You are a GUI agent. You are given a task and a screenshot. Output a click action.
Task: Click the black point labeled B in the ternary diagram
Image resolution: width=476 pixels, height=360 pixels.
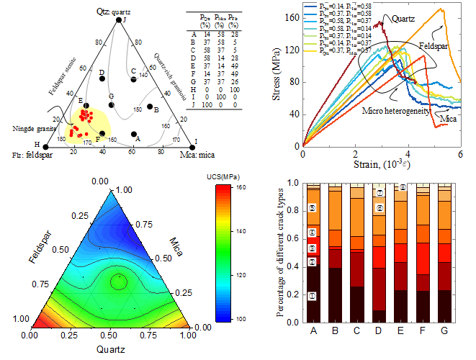point(149,108)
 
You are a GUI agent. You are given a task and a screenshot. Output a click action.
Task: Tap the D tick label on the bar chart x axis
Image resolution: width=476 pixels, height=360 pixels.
point(377,332)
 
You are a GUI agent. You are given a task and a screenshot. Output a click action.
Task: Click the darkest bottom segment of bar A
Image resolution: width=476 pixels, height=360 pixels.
point(313,295)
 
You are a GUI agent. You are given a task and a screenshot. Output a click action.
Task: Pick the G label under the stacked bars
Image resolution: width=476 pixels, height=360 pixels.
point(444,332)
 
